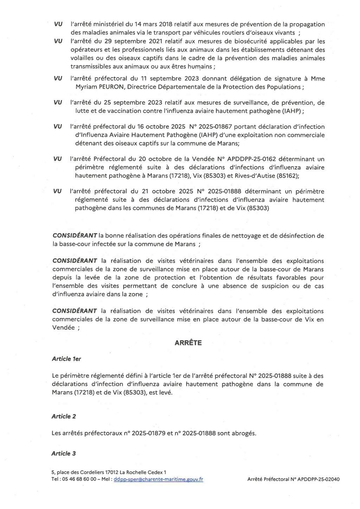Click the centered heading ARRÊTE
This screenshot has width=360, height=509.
pos(188,343)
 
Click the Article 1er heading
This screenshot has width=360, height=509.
pos(66,359)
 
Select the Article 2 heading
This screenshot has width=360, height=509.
pos(64,416)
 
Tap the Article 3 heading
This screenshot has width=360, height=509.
pos(64,453)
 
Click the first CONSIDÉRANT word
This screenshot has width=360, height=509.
pos(75,236)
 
